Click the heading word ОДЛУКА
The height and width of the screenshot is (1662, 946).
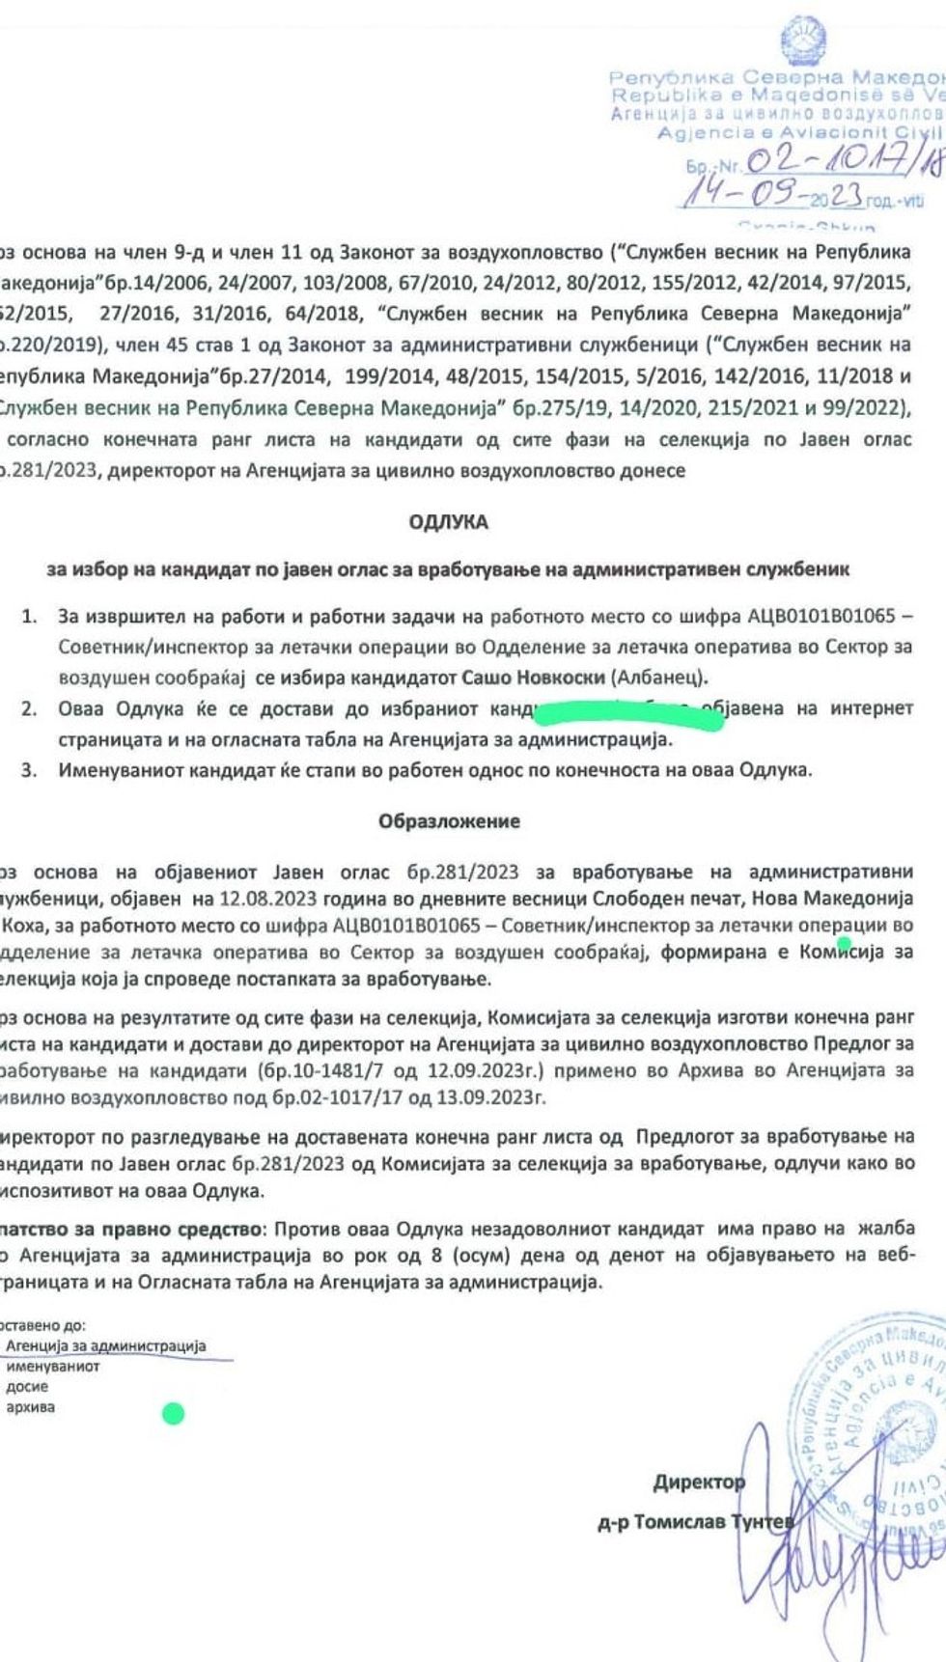(448, 522)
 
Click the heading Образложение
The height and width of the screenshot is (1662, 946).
(448, 821)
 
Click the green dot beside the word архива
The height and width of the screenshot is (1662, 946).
(174, 1414)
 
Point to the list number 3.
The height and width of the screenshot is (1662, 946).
(29, 769)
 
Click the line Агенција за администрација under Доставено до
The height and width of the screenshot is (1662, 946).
(105, 1345)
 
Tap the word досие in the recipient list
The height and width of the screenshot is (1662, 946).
(26, 1387)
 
